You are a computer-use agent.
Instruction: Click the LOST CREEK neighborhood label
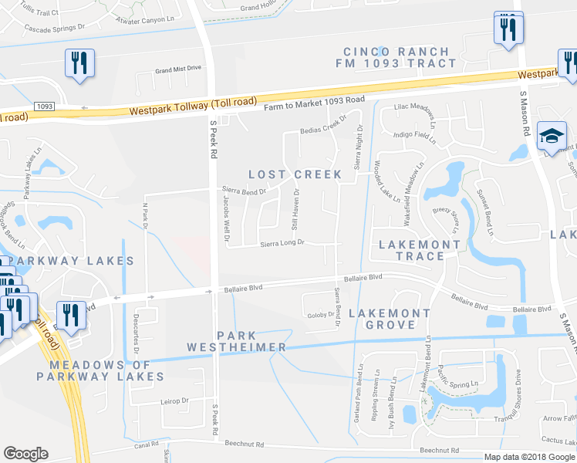[x=295, y=174]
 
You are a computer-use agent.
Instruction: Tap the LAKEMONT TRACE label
[x=420, y=245]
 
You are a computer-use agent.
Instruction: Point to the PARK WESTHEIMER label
[x=237, y=341]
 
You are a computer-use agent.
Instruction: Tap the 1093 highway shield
[x=44, y=105]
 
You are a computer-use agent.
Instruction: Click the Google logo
[x=25, y=454]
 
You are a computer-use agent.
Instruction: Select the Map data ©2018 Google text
[x=529, y=456]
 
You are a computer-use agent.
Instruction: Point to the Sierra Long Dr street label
[x=282, y=243]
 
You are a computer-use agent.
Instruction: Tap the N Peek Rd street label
[x=144, y=215]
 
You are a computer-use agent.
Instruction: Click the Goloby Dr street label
[x=319, y=314]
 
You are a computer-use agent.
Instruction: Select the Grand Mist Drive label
[x=177, y=69]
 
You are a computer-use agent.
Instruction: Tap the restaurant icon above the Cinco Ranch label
[x=508, y=29]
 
